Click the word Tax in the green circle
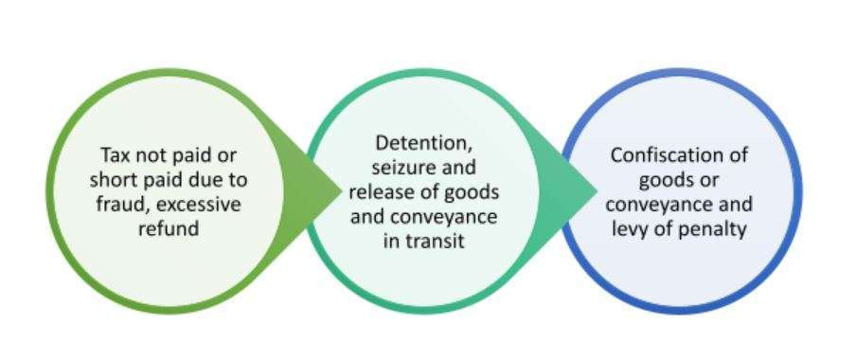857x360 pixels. click(x=113, y=155)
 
